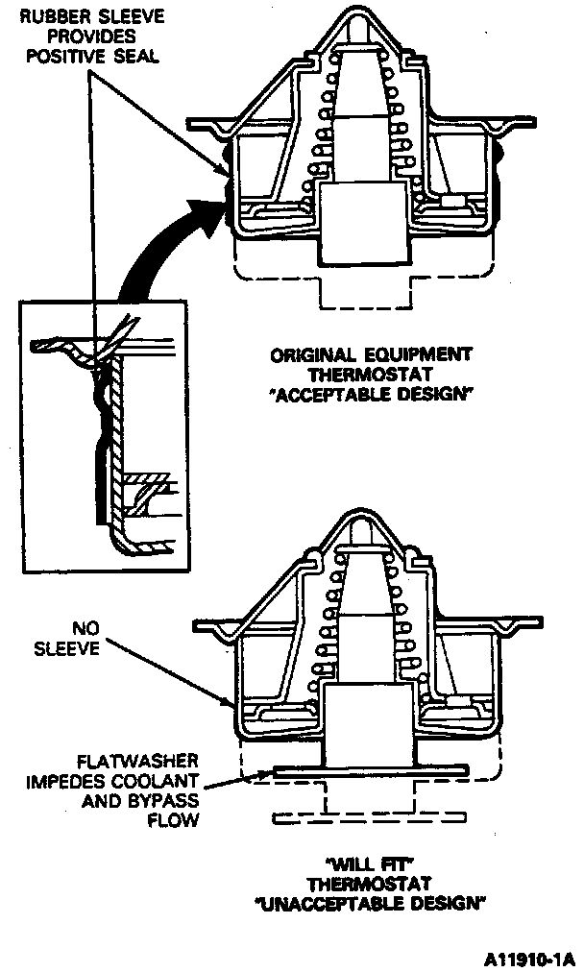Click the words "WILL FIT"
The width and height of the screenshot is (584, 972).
coord(370,862)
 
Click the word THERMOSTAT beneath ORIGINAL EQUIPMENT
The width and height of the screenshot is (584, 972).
coord(370,375)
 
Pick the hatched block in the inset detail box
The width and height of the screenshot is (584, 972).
coord(147,477)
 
